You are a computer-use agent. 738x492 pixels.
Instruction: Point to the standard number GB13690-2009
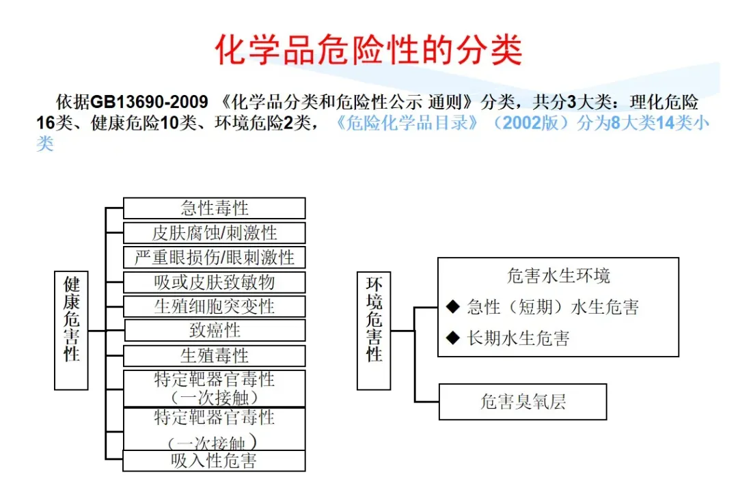149,102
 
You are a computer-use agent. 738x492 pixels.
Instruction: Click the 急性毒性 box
214,208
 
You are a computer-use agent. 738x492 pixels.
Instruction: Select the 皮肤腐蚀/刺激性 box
214,232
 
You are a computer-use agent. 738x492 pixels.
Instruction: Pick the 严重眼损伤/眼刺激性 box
214,257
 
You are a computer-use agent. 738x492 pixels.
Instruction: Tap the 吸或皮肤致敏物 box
214,282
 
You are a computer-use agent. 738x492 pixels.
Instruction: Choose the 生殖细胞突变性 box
214,305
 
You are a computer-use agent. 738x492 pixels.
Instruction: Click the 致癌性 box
214,330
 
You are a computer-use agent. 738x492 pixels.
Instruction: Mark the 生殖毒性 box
214,355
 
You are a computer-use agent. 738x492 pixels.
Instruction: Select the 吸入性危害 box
214,461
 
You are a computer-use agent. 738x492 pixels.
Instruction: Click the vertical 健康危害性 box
71,330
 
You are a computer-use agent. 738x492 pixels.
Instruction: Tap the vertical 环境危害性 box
374,330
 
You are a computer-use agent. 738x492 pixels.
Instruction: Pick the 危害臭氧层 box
523,402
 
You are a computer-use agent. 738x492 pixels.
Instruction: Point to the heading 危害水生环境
558,276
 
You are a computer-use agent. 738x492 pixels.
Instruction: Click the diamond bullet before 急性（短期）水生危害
452,307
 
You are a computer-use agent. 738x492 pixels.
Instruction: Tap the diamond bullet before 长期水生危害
452,337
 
